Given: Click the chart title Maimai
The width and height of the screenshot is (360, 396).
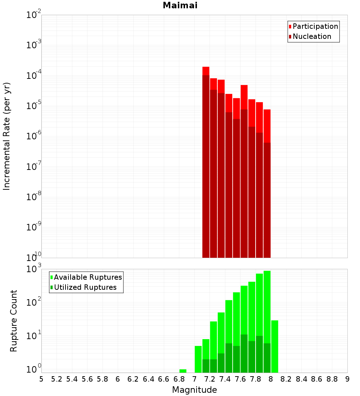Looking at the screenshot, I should (x=180, y=6).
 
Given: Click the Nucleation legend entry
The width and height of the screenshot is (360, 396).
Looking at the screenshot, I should (x=312, y=37).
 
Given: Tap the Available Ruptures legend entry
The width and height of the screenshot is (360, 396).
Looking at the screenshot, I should (x=88, y=277).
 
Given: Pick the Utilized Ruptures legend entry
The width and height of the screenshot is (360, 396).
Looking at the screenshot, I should (x=85, y=287).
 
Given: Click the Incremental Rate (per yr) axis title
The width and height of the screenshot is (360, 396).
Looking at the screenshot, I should (x=7, y=136).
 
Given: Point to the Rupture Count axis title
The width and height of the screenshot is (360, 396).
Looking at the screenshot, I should (x=14, y=321).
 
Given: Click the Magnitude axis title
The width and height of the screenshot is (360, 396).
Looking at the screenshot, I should (x=194, y=390).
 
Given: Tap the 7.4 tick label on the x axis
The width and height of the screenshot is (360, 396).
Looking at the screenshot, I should (x=225, y=379).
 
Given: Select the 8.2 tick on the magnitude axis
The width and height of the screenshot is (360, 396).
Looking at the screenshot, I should (x=286, y=379).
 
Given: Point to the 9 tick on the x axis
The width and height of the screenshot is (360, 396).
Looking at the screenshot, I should (x=347, y=379).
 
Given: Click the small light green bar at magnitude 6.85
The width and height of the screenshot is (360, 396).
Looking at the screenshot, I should (x=183, y=371).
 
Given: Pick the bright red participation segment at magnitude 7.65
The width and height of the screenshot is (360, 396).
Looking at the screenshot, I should (x=244, y=97).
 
